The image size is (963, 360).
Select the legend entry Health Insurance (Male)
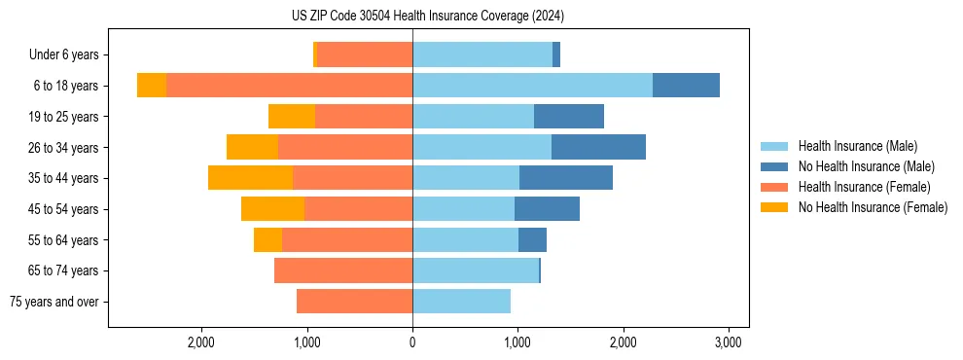pyautogui.click(x=857, y=146)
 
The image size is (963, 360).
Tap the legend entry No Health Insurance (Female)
pyautogui.click(x=873, y=207)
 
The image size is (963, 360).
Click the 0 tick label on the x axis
pyautogui.click(x=412, y=342)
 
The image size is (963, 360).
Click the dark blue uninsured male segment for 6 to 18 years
pyautogui.click(x=686, y=86)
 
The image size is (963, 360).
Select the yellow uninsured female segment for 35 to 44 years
pyautogui.click(x=250, y=178)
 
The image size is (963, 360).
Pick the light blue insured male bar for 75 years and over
pyautogui.click(x=461, y=302)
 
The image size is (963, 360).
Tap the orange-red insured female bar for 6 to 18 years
pyautogui.click(x=289, y=86)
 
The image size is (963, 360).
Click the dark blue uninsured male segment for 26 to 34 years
pyautogui.click(x=598, y=147)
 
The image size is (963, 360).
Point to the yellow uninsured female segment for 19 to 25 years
pyautogui.click(x=292, y=117)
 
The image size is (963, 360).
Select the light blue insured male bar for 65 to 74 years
pyautogui.click(x=476, y=270)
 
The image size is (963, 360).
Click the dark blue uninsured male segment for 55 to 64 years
pyautogui.click(x=532, y=239)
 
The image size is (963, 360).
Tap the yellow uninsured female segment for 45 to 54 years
pyautogui.click(x=272, y=209)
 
